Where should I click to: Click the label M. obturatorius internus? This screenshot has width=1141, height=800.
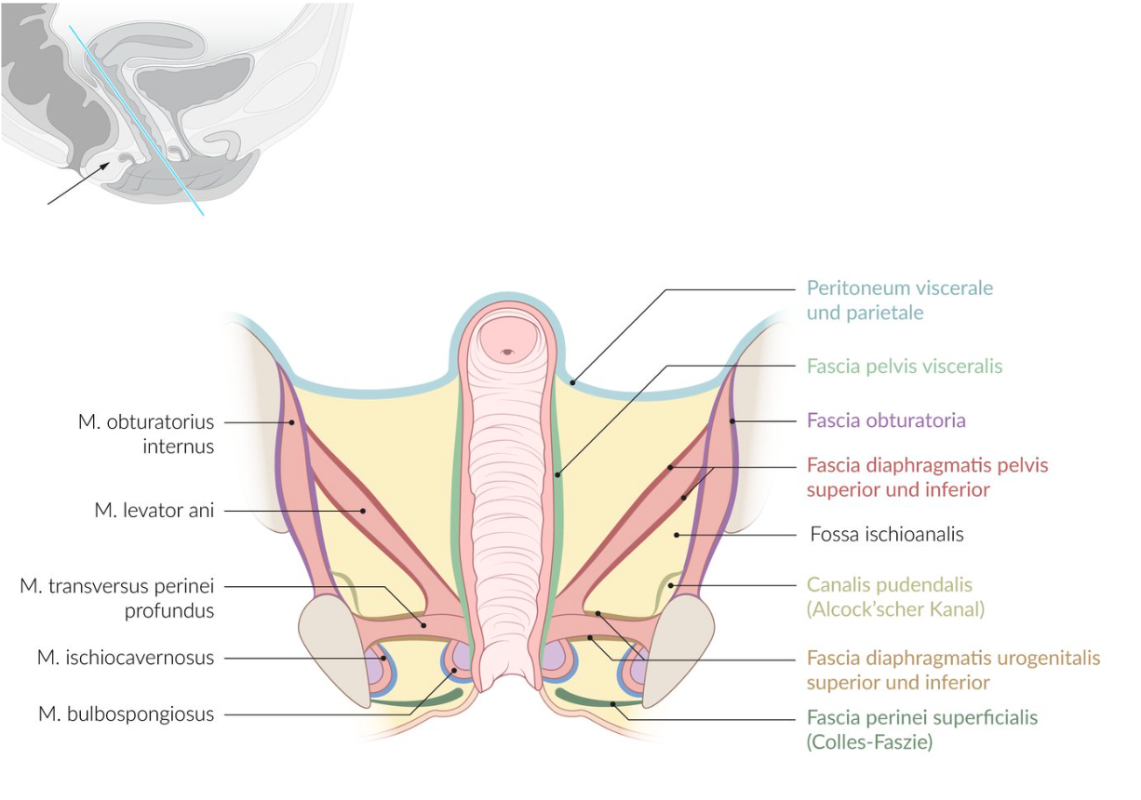(x=146, y=433)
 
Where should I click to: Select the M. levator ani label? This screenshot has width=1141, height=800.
(x=154, y=510)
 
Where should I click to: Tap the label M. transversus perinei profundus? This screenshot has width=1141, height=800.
(x=117, y=598)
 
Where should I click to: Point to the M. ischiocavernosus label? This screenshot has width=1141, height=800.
(x=126, y=658)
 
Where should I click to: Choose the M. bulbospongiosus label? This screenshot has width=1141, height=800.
(x=127, y=714)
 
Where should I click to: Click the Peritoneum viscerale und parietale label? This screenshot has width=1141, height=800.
(x=899, y=300)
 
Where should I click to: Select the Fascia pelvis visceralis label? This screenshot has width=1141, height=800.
(x=904, y=367)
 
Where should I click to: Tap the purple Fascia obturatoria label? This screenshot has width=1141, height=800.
(x=885, y=420)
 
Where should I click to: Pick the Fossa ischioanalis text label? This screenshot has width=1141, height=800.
(x=886, y=535)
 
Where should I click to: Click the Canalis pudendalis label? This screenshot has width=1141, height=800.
(x=889, y=586)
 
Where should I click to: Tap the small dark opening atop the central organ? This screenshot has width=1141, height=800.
(x=506, y=352)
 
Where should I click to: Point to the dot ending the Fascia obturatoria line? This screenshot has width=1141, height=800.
(x=732, y=421)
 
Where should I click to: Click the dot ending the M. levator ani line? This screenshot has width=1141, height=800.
(x=363, y=510)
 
